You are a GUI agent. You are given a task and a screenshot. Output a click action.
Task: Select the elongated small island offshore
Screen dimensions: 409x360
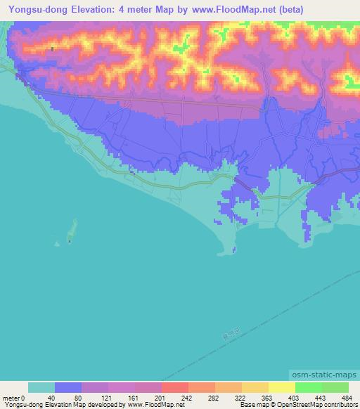point(71,229)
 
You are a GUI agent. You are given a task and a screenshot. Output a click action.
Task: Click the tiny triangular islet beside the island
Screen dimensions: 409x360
point(57,244)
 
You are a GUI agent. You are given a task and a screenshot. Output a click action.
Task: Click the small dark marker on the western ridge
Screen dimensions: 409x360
point(53,49)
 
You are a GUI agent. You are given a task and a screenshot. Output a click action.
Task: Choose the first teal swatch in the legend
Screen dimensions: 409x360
point(41,387)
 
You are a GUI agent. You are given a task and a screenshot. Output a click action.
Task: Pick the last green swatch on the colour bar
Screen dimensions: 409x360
point(335,387)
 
